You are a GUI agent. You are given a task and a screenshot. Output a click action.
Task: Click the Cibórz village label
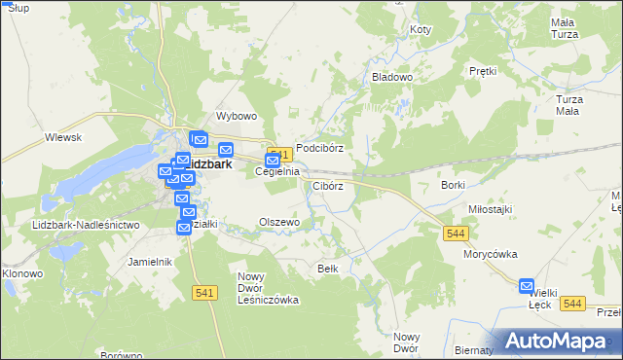click(x=327, y=186)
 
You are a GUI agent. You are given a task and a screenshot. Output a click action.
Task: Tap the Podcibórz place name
click(x=320, y=148)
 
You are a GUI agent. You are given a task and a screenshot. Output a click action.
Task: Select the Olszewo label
click(x=278, y=222)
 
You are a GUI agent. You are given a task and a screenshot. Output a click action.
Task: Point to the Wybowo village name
click(x=237, y=116)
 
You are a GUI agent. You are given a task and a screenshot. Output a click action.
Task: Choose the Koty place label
click(x=421, y=30)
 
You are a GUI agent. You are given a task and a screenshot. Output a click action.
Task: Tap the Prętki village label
click(x=483, y=71)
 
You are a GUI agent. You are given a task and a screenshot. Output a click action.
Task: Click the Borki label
click(x=454, y=185)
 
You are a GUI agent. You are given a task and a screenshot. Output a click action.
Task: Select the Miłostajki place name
click(x=490, y=209)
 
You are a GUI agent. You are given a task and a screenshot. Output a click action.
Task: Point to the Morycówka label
click(x=490, y=254)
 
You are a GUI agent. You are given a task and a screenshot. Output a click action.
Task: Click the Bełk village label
click(x=328, y=268)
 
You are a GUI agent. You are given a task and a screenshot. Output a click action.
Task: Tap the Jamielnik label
click(x=150, y=262)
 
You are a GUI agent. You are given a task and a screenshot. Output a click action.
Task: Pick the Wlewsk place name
click(x=62, y=138)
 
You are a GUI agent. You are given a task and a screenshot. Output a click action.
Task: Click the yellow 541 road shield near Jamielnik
click(x=203, y=294)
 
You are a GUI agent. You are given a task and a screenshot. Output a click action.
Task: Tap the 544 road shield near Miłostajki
click(x=456, y=234)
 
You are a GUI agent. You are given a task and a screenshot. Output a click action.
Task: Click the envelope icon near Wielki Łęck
click(x=527, y=287)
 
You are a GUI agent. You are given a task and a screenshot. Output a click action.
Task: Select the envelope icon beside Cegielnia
click(x=273, y=161)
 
